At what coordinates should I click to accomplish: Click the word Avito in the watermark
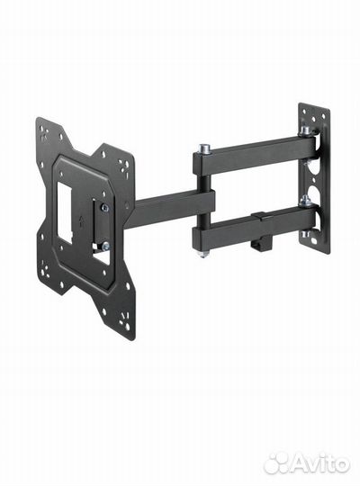point(320,463)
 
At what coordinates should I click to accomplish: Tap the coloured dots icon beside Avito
point(277,463)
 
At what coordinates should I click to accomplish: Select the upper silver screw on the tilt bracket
point(105,209)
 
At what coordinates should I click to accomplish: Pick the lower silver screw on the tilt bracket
point(105,245)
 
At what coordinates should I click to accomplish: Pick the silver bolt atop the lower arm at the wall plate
point(305,200)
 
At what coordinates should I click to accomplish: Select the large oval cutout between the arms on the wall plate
point(310,171)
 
